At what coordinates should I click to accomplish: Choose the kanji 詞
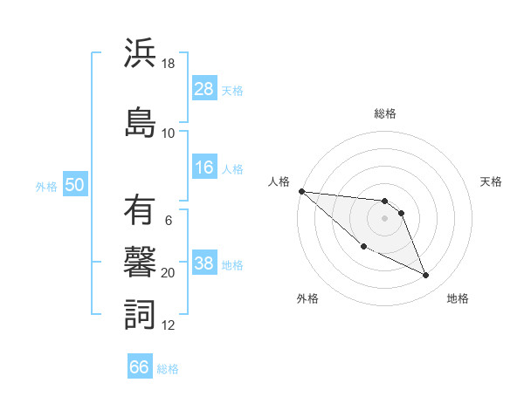tap(140, 312)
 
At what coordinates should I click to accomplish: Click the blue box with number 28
tap(204, 89)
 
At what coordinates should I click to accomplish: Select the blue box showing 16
tap(204, 168)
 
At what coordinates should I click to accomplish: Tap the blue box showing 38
tap(204, 264)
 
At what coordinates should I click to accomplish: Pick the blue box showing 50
tap(74, 185)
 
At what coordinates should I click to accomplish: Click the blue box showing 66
tap(140, 367)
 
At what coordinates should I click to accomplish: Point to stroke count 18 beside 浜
tap(169, 64)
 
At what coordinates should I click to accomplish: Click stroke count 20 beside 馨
tap(169, 273)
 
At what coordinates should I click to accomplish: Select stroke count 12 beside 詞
tap(169, 325)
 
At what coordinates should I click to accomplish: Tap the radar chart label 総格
tap(385, 113)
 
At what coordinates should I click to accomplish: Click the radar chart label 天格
tap(492, 181)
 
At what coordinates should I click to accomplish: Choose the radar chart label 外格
tap(307, 298)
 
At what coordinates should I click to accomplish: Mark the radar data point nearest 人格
tap(301, 190)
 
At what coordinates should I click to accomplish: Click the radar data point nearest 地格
tap(426, 276)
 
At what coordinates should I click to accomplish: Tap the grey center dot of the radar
tap(385, 218)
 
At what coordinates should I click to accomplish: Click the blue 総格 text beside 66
tap(168, 369)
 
